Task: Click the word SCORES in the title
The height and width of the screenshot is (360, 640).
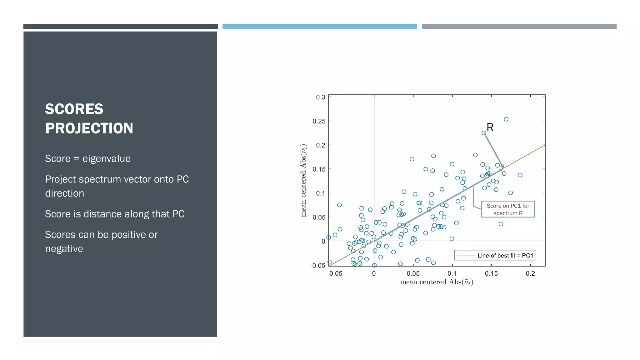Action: tap(74, 109)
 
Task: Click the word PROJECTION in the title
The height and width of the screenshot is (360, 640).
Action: tap(89, 128)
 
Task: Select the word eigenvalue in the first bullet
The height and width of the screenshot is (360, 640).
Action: tap(106, 158)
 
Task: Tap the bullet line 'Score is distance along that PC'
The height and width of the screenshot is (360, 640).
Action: tap(115, 214)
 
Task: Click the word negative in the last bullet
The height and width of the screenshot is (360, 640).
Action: tap(64, 249)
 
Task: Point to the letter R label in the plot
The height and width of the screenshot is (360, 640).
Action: tap(490, 127)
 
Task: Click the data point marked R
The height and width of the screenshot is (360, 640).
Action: tap(484, 133)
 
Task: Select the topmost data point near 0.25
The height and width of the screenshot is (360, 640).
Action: tap(506, 119)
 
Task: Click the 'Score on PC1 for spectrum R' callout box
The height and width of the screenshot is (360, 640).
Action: tap(508, 209)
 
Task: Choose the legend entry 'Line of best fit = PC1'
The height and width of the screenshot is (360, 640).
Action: tap(495, 255)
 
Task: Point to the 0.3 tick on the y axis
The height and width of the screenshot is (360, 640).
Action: tap(321, 97)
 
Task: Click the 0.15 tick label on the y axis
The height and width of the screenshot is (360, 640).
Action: tap(319, 169)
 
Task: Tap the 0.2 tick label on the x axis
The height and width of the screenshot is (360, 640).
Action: tap(530, 274)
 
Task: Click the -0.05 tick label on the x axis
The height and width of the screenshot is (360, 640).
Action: tap(335, 274)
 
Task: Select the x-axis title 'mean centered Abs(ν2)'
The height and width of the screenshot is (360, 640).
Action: tap(436, 282)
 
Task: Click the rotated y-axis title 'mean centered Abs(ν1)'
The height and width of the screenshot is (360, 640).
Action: tap(303, 181)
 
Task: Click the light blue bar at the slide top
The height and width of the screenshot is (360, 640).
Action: tap(319, 27)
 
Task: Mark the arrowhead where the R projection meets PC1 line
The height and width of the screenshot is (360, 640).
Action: tap(502, 168)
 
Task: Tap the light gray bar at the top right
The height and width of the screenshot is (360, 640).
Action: tap(519, 27)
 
